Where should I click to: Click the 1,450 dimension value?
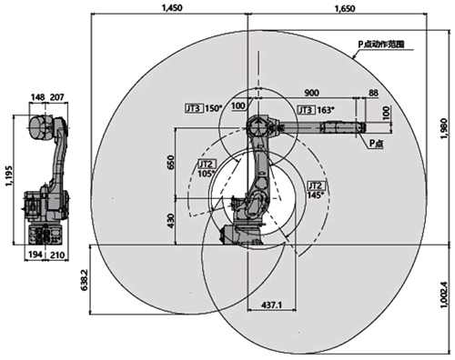(x=172, y=8)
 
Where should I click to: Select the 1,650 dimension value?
(x=345, y=8)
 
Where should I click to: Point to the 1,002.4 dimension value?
(x=444, y=295)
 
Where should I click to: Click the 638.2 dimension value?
(x=85, y=280)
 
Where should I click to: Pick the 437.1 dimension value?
(x=272, y=305)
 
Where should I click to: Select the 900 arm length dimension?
(x=311, y=93)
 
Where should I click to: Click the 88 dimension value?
(x=373, y=93)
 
